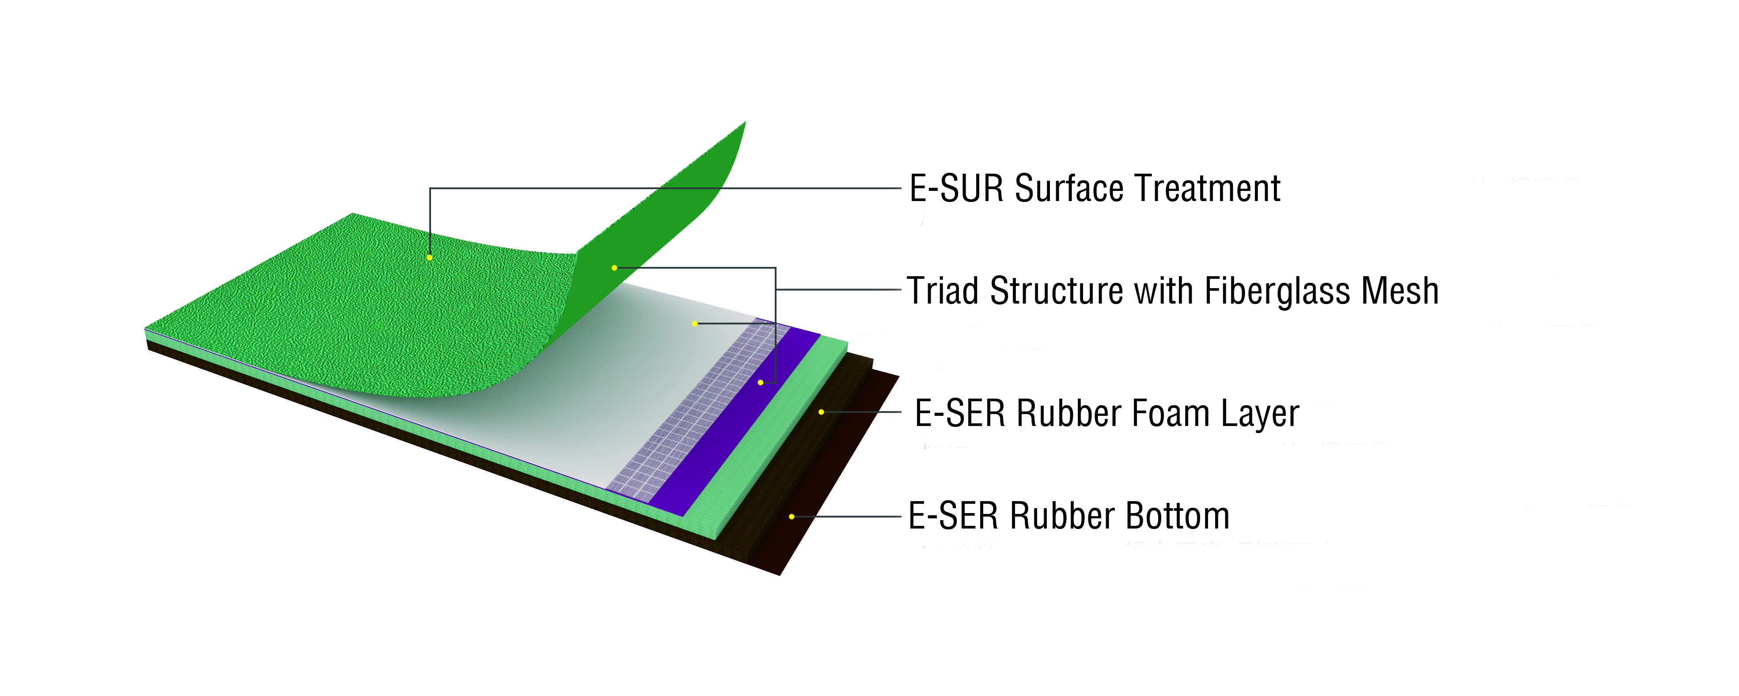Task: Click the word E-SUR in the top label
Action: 956,188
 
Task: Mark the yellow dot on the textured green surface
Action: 429,257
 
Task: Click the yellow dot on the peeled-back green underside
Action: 614,268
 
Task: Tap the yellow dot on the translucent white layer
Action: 695,324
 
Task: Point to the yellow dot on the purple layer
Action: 761,383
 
